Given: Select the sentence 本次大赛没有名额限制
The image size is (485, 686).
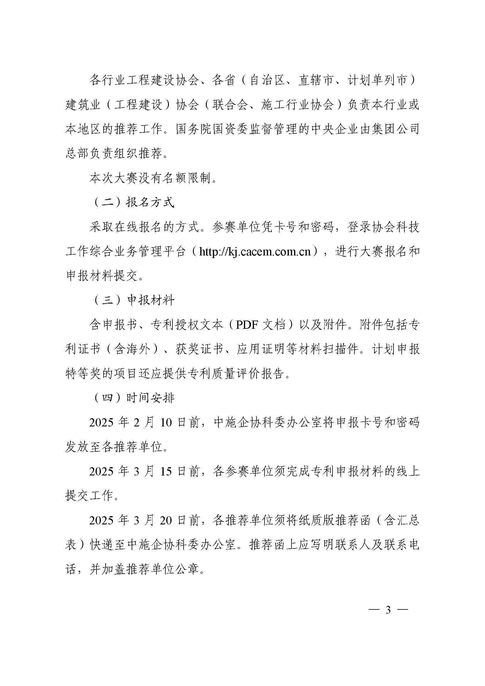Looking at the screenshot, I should pyautogui.click(x=152, y=178).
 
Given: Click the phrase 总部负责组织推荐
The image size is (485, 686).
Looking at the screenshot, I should pyautogui.click(x=115, y=154).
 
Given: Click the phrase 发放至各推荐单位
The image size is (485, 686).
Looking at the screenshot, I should pyautogui.click(x=115, y=447).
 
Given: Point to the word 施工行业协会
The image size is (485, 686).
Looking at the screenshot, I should pyautogui.click(x=297, y=105).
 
